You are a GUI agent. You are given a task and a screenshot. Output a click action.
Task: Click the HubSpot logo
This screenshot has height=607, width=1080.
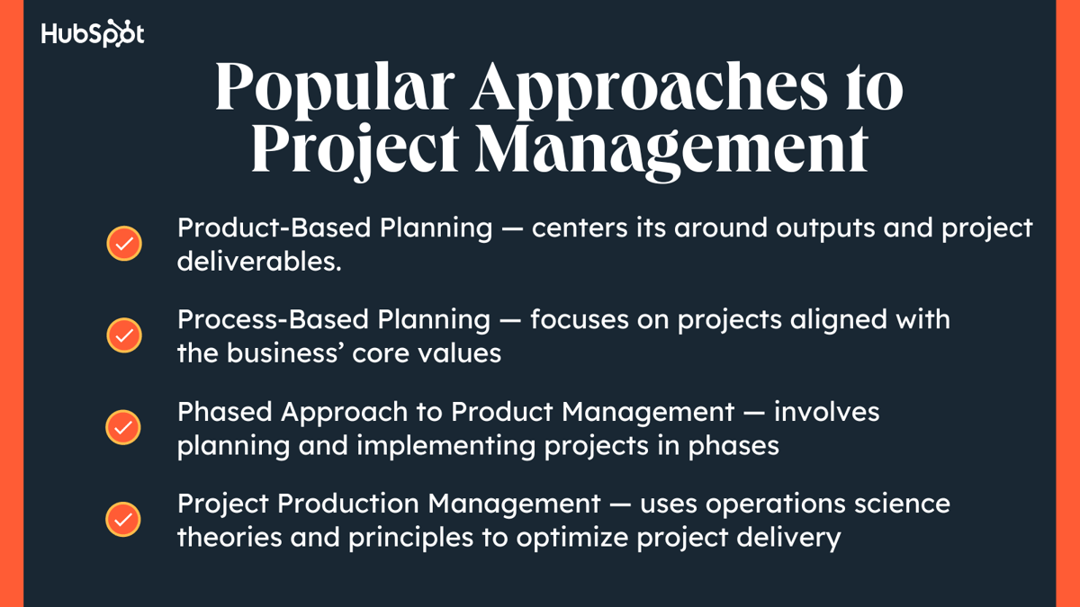coord(93,34)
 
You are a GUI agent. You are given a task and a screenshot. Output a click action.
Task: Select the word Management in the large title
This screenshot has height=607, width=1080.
coord(671,151)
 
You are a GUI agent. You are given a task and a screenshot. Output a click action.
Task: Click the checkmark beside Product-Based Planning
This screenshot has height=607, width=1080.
coord(124,244)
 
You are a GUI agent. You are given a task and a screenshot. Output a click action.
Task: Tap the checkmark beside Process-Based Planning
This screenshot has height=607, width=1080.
coord(124,335)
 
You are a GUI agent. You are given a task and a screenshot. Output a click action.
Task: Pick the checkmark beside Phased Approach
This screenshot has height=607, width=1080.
coord(124,427)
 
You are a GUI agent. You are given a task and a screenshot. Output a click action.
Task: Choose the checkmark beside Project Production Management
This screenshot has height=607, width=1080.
coord(124,519)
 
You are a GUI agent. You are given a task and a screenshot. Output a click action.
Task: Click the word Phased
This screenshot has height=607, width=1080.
coord(225,412)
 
